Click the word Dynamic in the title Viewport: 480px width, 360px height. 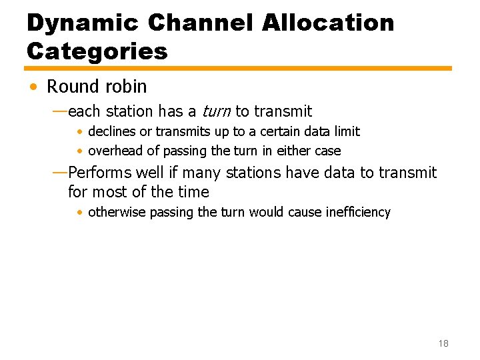[x=82, y=23]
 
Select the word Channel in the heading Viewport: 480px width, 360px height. [x=200, y=23]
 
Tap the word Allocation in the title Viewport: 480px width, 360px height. [x=328, y=23]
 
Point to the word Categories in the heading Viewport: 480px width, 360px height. [x=97, y=51]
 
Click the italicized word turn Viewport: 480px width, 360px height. [x=217, y=111]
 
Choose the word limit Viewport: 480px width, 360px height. [x=347, y=131]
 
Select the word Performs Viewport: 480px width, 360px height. [x=100, y=173]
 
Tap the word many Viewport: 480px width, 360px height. [x=202, y=173]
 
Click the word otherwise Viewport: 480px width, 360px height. [x=117, y=212]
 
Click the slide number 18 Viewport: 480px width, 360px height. [x=443, y=343]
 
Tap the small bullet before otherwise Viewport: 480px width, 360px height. [x=79, y=213]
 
